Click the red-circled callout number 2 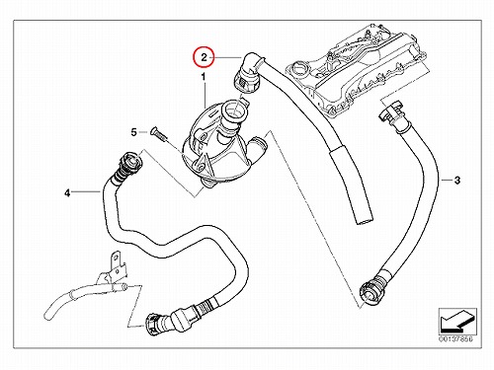click(204, 57)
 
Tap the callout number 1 click(204, 77)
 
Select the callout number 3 click(457, 181)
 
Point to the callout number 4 click(67, 193)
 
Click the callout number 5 click(133, 132)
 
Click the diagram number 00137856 click(455, 338)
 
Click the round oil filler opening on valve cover click(299, 69)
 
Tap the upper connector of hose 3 click(392, 115)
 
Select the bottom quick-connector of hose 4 click(156, 324)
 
